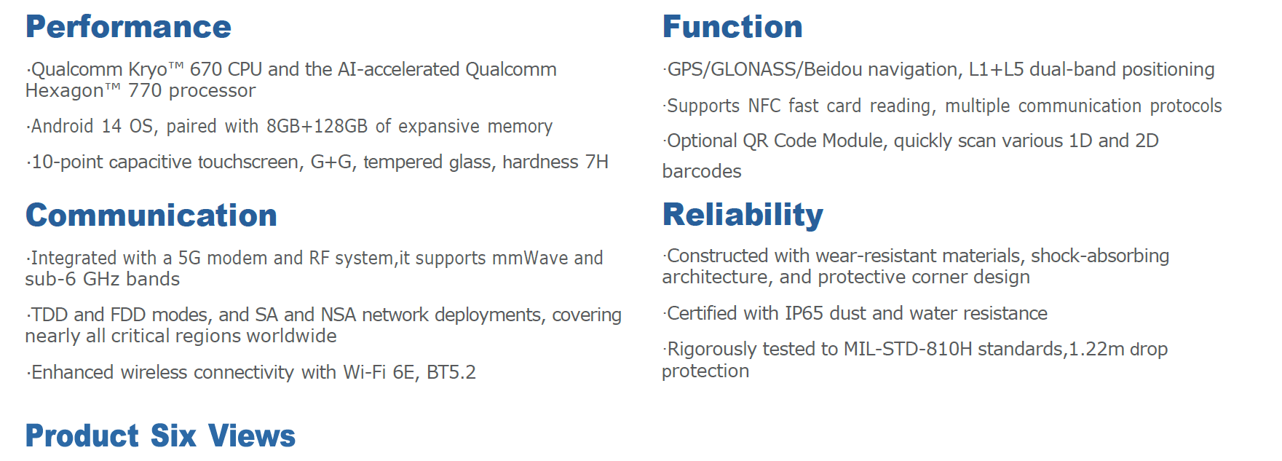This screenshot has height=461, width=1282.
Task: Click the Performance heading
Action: click(128, 27)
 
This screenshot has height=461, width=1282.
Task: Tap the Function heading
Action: click(732, 27)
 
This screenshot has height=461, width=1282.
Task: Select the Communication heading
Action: click(151, 216)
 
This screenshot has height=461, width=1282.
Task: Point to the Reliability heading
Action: click(743, 215)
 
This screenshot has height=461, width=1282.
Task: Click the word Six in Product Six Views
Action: click(173, 436)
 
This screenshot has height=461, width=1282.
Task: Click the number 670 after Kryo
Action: click(206, 70)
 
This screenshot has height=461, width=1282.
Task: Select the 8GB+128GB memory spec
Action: click(317, 127)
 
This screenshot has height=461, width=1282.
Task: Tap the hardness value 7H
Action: click(597, 162)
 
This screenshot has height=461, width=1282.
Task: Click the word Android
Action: click(62, 127)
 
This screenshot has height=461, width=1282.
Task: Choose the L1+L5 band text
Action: click(996, 70)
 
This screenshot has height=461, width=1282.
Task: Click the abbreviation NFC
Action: click(764, 106)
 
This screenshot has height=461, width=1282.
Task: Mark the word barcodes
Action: click(702, 171)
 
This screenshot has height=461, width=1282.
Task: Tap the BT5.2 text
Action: click(451, 373)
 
